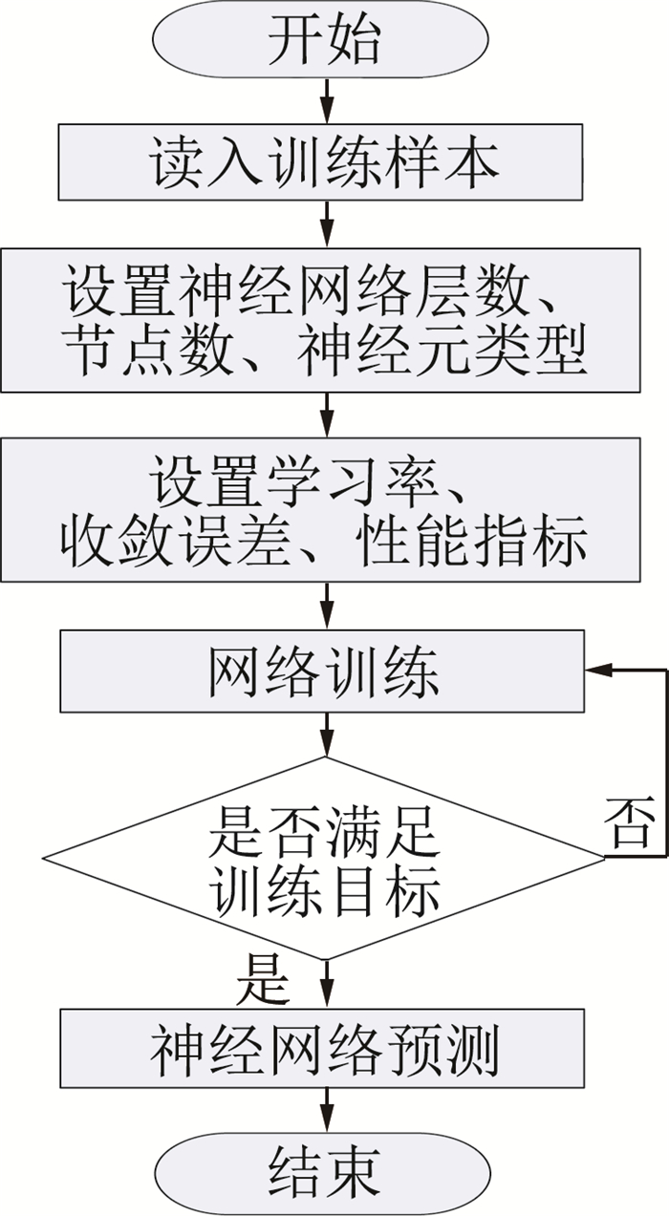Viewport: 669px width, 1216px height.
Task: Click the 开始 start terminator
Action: (323, 40)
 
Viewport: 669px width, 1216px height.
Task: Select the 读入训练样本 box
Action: (321, 162)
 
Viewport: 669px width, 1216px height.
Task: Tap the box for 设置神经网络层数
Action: (321, 319)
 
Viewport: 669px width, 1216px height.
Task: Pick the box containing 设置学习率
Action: (321, 510)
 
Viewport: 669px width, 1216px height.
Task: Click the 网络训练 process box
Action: (321, 672)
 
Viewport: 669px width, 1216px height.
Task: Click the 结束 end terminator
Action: (323, 1169)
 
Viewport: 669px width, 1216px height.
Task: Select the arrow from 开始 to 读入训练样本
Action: (327, 99)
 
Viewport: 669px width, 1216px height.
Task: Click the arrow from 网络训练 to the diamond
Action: (327, 735)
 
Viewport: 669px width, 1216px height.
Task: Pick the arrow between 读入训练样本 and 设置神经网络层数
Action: (327, 224)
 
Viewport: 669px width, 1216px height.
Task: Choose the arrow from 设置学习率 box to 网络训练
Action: (327, 606)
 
